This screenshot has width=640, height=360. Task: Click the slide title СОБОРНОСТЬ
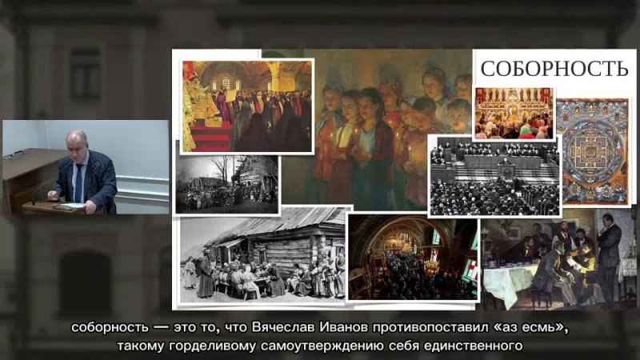[554, 69]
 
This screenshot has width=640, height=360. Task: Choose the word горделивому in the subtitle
[212, 346]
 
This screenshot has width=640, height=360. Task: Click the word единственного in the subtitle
[474, 346]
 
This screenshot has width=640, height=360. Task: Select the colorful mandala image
[592, 151]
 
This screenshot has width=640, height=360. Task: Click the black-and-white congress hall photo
[494, 176]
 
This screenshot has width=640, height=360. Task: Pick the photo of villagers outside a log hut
[262, 255]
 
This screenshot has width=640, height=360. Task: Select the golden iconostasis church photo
[514, 113]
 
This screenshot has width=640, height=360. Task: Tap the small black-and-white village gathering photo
[227, 184]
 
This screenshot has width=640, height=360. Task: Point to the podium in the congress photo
[507, 171]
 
